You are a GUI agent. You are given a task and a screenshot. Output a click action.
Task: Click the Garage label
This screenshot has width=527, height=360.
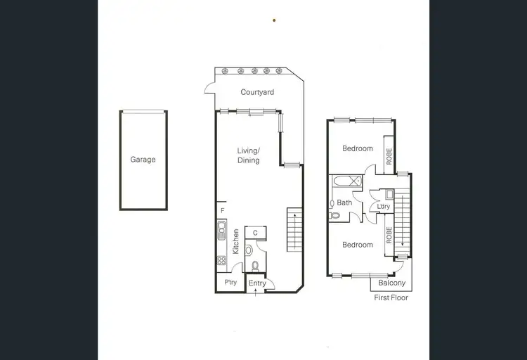[143, 160]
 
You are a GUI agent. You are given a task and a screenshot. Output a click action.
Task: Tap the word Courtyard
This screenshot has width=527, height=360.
[257, 92]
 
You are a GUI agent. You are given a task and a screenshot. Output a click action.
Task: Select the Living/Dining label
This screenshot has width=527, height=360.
[248, 155]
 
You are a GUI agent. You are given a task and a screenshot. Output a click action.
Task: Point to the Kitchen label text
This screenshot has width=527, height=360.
[236, 242]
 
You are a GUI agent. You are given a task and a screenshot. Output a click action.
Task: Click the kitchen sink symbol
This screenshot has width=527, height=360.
[221, 230]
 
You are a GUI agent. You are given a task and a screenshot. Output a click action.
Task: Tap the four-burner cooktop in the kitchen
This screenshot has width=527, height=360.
[221, 260]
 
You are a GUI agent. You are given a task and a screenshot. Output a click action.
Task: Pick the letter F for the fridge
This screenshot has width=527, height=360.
[221, 211]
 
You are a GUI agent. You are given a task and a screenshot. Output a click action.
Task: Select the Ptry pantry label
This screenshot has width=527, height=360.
[230, 283]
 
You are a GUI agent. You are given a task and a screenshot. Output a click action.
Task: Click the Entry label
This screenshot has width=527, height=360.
[258, 283]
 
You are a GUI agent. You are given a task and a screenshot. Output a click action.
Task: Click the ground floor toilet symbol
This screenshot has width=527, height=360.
[255, 266]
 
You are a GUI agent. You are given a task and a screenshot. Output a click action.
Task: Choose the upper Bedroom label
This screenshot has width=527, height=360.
[357, 148]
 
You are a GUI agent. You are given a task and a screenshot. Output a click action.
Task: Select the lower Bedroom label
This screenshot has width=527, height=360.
[357, 245]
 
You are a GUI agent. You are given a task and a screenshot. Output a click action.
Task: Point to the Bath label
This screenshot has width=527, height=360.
[344, 202]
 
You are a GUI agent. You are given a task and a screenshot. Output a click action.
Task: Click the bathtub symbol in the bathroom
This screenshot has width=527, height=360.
[346, 183]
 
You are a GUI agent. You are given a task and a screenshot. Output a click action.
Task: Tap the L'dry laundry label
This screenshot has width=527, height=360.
[383, 206]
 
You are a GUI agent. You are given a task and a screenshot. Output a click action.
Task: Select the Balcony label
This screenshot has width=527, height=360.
[391, 283]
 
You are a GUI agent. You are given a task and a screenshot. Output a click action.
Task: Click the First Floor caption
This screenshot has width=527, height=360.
[391, 297]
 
